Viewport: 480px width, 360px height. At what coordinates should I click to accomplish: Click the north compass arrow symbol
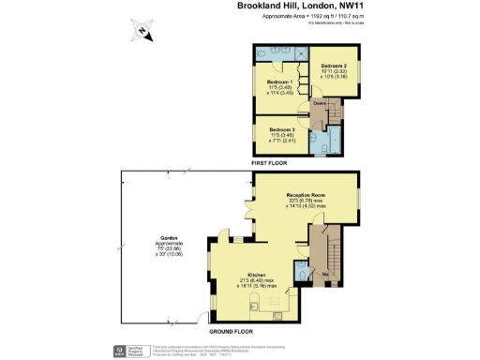coord(141,31)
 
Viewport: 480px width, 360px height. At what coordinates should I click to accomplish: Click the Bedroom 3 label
coord(281,128)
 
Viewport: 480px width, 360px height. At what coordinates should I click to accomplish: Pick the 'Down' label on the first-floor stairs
coord(319,102)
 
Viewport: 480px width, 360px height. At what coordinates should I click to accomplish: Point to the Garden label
coord(169,236)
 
